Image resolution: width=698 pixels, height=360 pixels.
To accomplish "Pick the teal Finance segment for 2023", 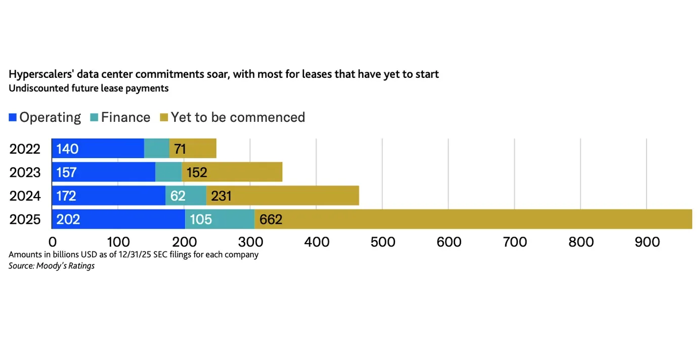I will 168,172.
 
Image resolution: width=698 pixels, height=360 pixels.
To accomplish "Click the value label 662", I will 271,219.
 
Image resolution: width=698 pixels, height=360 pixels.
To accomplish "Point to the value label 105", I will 201,219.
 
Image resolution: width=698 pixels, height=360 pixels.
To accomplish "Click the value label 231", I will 221,196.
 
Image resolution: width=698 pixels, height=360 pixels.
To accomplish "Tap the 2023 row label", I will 25,172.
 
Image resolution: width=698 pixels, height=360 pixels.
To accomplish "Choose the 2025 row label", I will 25,219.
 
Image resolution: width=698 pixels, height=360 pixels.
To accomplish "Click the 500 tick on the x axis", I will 382,242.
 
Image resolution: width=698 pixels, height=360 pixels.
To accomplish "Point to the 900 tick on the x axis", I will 646,242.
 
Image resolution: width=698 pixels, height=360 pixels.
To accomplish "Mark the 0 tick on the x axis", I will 52,242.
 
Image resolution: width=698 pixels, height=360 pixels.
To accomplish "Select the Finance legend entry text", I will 125,117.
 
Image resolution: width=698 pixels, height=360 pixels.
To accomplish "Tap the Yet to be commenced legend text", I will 238,117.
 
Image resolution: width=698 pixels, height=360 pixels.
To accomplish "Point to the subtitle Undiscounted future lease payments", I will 89,88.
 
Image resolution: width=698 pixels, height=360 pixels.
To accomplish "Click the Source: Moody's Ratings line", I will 52,265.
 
